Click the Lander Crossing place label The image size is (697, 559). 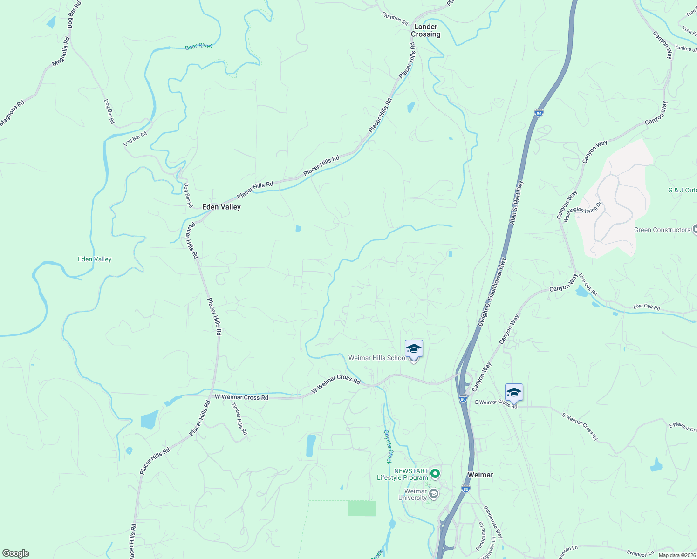(x=425, y=30)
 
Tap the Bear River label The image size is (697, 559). (x=198, y=47)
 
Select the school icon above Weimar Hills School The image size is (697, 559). (x=414, y=349)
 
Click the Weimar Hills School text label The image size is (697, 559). (x=377, y=358)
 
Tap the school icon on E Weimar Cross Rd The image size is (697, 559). (x=514, y=393)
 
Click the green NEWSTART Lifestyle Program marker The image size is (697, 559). (x=435, y=474)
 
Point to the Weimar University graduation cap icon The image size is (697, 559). (x=433, y=494)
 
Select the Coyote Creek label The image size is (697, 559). (x=388, y=447)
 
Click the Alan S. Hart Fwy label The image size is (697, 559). (x=517, y=203)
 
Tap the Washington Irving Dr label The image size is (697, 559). (x=582, y=211)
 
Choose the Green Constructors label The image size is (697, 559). (x=662, y=230)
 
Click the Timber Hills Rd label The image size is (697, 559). (x=239, y=418)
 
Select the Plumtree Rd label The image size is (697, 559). (x=395, y=19)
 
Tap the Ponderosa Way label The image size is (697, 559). (x=493, y=522)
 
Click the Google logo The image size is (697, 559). (x=15, y=553)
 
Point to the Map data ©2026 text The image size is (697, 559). (x=676, y=555)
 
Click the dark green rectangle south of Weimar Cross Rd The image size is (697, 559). (x=362, y=508)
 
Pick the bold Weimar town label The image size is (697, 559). (x=480, y=475)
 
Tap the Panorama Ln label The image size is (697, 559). (x=480, y=536)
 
